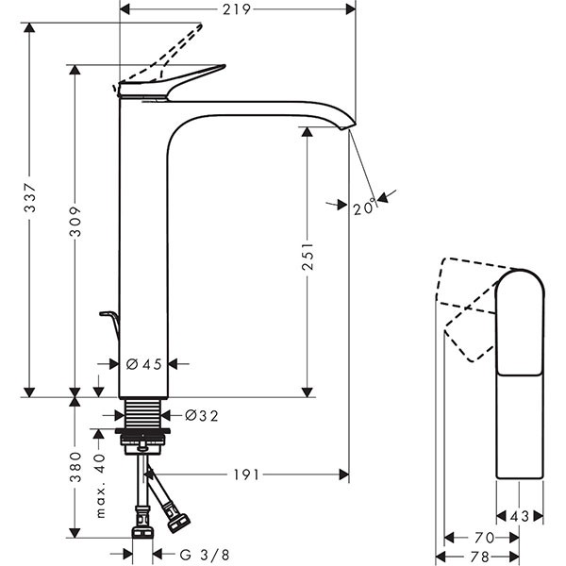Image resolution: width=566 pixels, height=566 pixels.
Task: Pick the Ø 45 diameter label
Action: tap(147, 364)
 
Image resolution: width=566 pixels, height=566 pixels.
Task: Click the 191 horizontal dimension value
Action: tap(243, 475)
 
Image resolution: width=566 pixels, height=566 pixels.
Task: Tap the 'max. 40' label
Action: tap(101, 486)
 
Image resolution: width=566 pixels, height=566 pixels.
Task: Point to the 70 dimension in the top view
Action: tap(482, 537)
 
